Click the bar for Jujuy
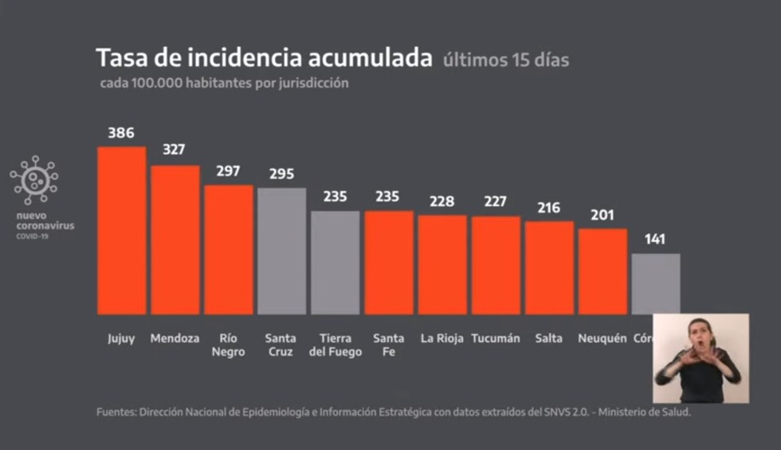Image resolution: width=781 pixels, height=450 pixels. pyautogui.click(x=121, y=231)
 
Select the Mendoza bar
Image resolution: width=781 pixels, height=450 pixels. pyautogui.click(x=175, y=240)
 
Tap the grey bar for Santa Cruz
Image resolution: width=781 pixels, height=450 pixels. pyautogui.click(x=281, y=251)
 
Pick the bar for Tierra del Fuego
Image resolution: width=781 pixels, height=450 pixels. pyautogui.click(x=335, y=263)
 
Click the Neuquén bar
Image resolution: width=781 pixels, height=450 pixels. pyautogui.click(x=602, y=271)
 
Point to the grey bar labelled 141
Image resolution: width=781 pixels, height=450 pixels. pyautogui.click(x=656, y=283)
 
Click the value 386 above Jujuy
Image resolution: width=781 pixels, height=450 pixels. pyautogui.click(x=121, y=133)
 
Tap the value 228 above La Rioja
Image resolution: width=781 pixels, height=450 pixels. pyautogui.click(x=442, y=202)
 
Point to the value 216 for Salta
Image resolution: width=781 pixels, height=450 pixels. pyautogui.click(x=548, y=208)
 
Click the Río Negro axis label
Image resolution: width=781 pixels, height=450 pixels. pyautogui.click(x=228, y=345)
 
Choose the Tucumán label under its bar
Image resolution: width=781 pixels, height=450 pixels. pyautogui.click(x=495, y=338)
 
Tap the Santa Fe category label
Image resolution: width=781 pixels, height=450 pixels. pyautogui.click(x=388, y=345)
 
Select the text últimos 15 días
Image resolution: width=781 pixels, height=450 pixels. pyautogui.click(x=506, y=61)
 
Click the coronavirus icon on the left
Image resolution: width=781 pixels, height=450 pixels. pyautogui.click(x=34, y=182)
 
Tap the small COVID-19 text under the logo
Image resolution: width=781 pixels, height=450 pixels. pyautogui.click(x=32, y=237)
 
